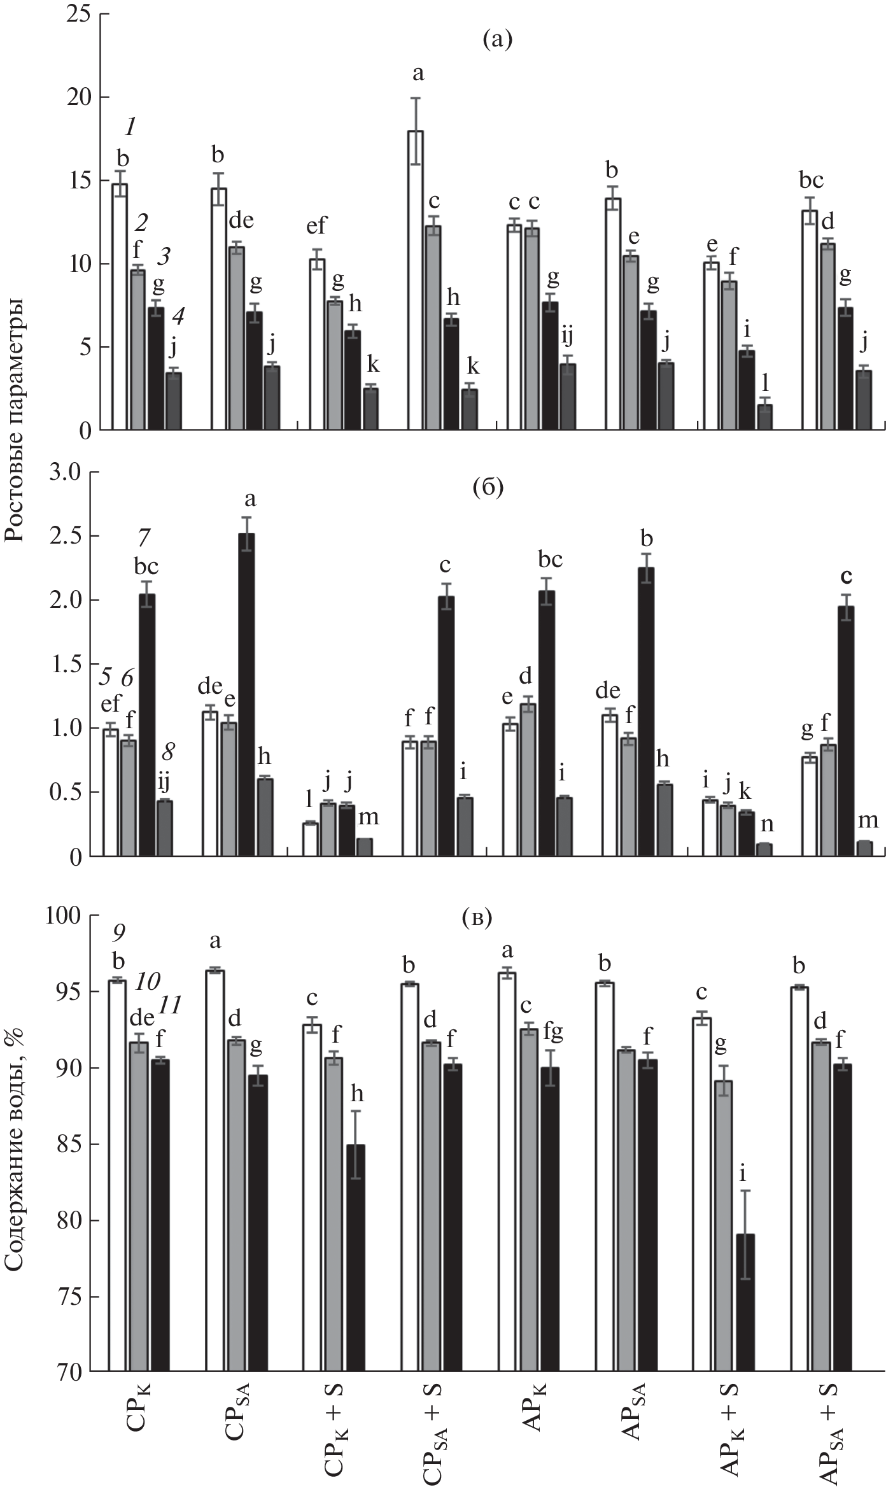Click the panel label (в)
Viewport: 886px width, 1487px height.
[x=477, y=919]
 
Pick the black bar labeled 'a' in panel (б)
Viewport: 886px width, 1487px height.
[x=246, y=695]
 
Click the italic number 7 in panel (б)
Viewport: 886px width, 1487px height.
[x=144, y=539]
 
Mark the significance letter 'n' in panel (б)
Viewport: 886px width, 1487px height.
[x=768, y=824]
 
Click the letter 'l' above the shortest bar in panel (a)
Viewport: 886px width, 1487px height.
[x=765, y=382]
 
